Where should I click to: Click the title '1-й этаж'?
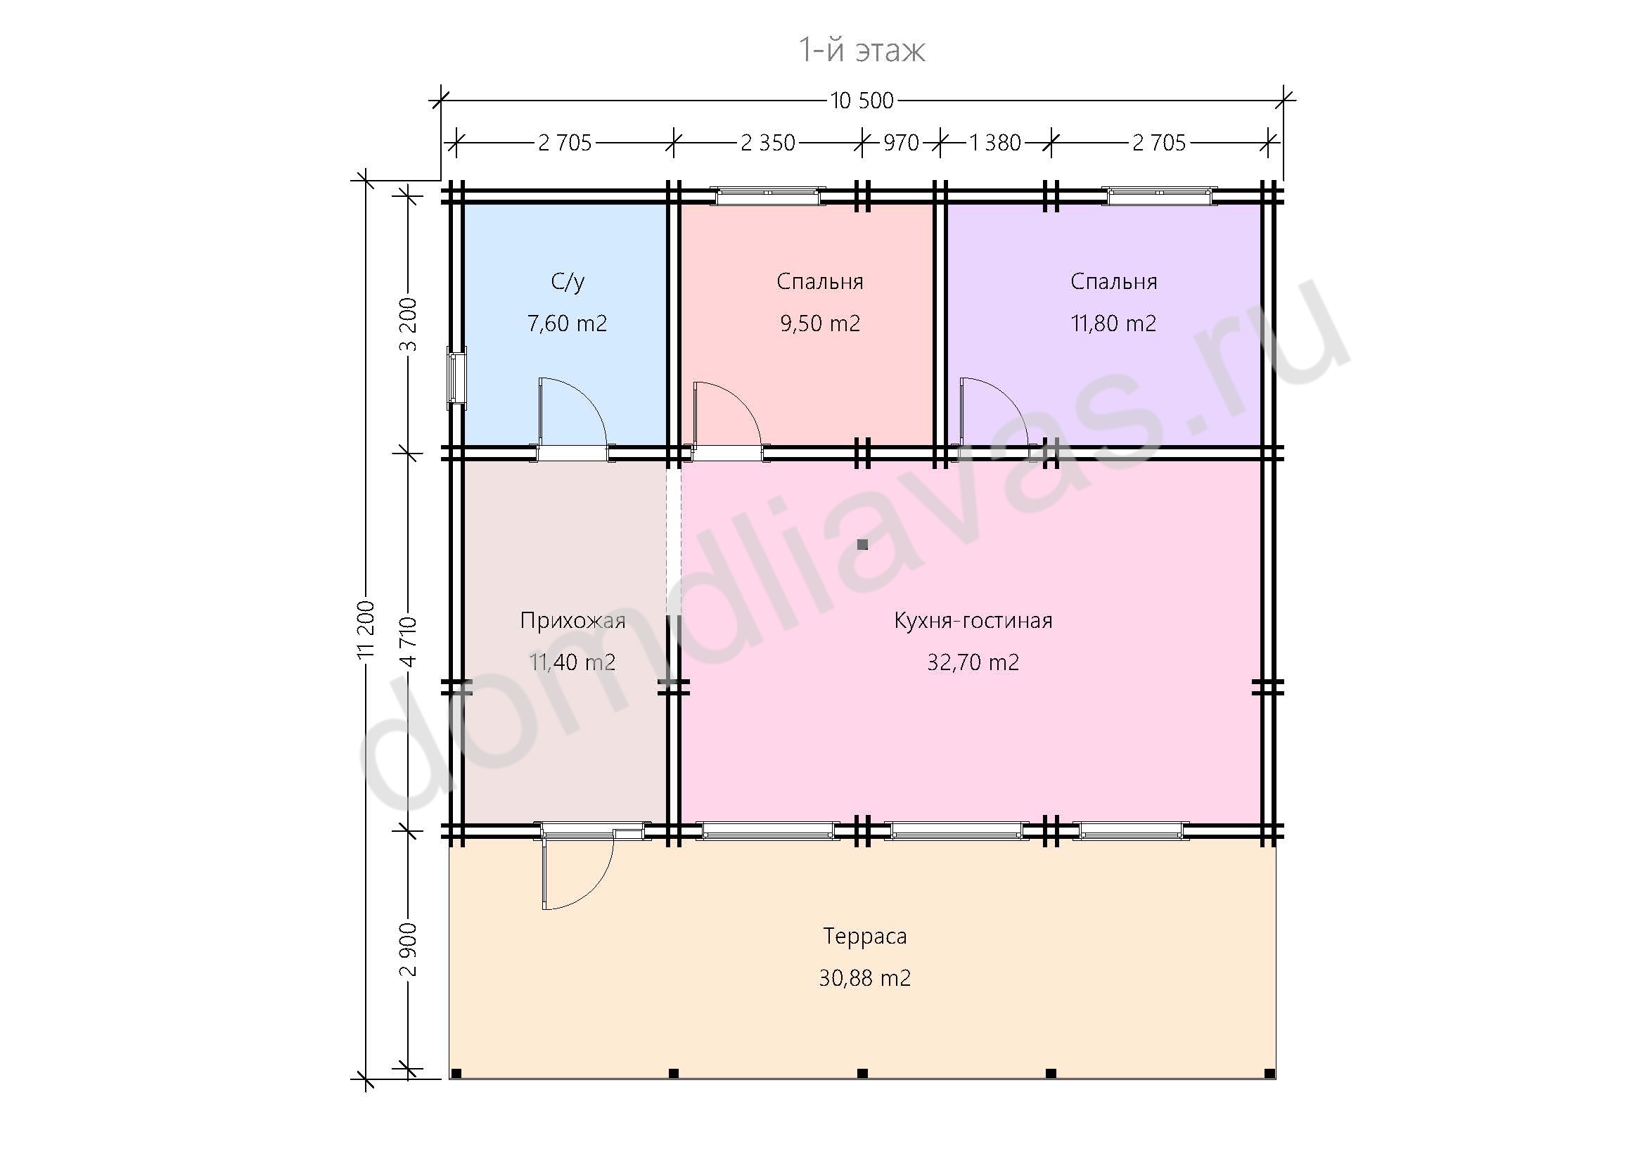pos(862,50)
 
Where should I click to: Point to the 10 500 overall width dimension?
pos(862,101)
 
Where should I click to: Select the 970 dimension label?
pos(901,143)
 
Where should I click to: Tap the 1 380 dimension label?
pos(994,143)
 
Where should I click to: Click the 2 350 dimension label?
pos(767,143)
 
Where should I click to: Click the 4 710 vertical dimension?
pos(409,642)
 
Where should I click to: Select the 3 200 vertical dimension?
pos(409,323)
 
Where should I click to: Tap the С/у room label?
pos(568,282)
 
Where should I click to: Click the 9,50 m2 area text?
pos(819,323)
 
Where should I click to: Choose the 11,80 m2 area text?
pos(1113,323)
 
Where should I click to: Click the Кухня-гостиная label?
pos(973,620)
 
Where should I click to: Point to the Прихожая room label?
pos(572,620)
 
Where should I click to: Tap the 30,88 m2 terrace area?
pos(865,978)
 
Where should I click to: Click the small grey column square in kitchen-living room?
pos(863,545)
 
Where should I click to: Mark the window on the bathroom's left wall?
pos(456,378)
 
